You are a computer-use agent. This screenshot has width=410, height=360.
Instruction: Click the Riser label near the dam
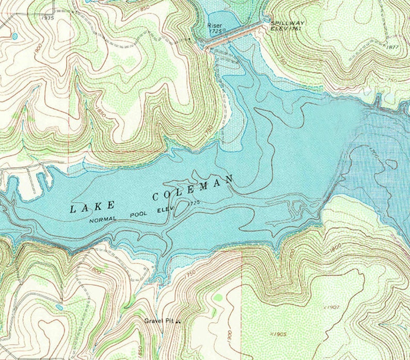pos(214,25)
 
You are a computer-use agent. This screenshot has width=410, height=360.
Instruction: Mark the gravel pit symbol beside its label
pos(178,321)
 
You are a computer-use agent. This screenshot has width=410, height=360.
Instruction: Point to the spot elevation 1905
pos(279,334)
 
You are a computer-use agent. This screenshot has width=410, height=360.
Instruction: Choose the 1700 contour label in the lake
pos(373,153)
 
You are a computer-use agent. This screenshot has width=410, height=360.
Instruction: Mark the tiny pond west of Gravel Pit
pos(59,307)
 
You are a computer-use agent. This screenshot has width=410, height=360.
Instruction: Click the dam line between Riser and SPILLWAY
pos(238,36)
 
